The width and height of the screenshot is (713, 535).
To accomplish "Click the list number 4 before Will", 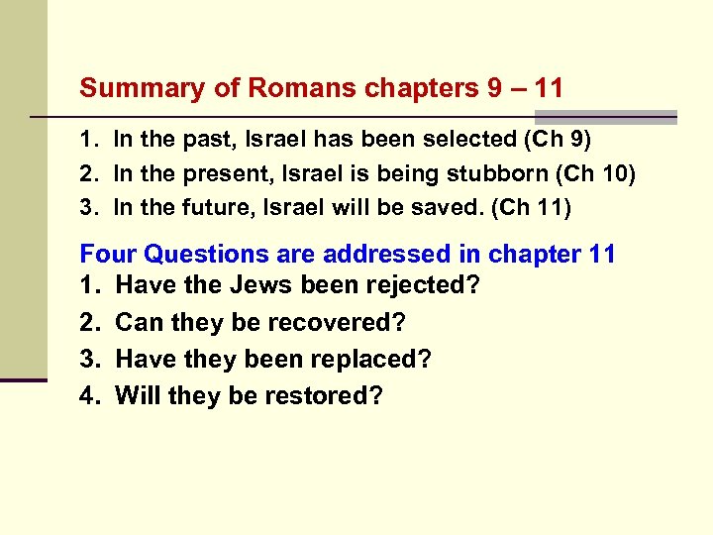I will pos(88,395).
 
